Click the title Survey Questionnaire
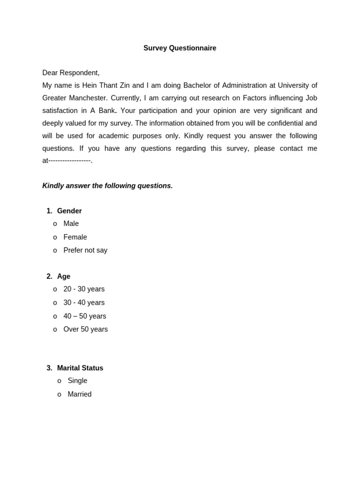[180, 48]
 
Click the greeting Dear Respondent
[71, 73]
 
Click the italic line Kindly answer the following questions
[107, 186]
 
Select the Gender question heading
[69, 211]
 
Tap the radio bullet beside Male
[55, 224]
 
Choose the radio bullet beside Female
[55, 237]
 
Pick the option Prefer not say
[85, 250]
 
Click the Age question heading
[64, 277]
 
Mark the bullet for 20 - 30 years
[55, 289]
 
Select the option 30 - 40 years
[84, 303]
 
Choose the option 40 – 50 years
[84, 316]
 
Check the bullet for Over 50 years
[55, 330]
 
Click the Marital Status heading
[80, 368]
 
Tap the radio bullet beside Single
[59, 381]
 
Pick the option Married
[79, 394]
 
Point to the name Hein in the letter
[90, 85]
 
